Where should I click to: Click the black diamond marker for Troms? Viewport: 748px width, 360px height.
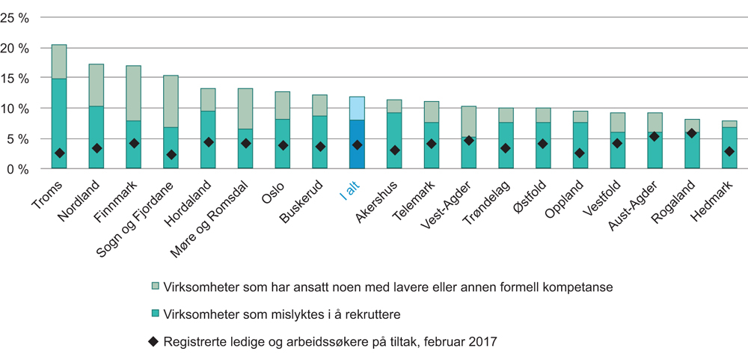pyautogui.click(x=59, y=153)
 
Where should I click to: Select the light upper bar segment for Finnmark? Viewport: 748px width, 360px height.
pyautogui.click(x=133, y=93)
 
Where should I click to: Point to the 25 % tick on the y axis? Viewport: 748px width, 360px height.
pyautogui.click(x=17, y=17)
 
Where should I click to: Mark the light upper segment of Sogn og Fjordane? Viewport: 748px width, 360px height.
pyautogui.click(x=171, y=101)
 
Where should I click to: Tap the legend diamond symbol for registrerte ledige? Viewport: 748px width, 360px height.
pyautogui.click(x=154, y=342)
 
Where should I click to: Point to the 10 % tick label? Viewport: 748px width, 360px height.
pyautogui.click(x=17, y=109)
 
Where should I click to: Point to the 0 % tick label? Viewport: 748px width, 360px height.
pyautogui.click(x=20, y=169)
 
